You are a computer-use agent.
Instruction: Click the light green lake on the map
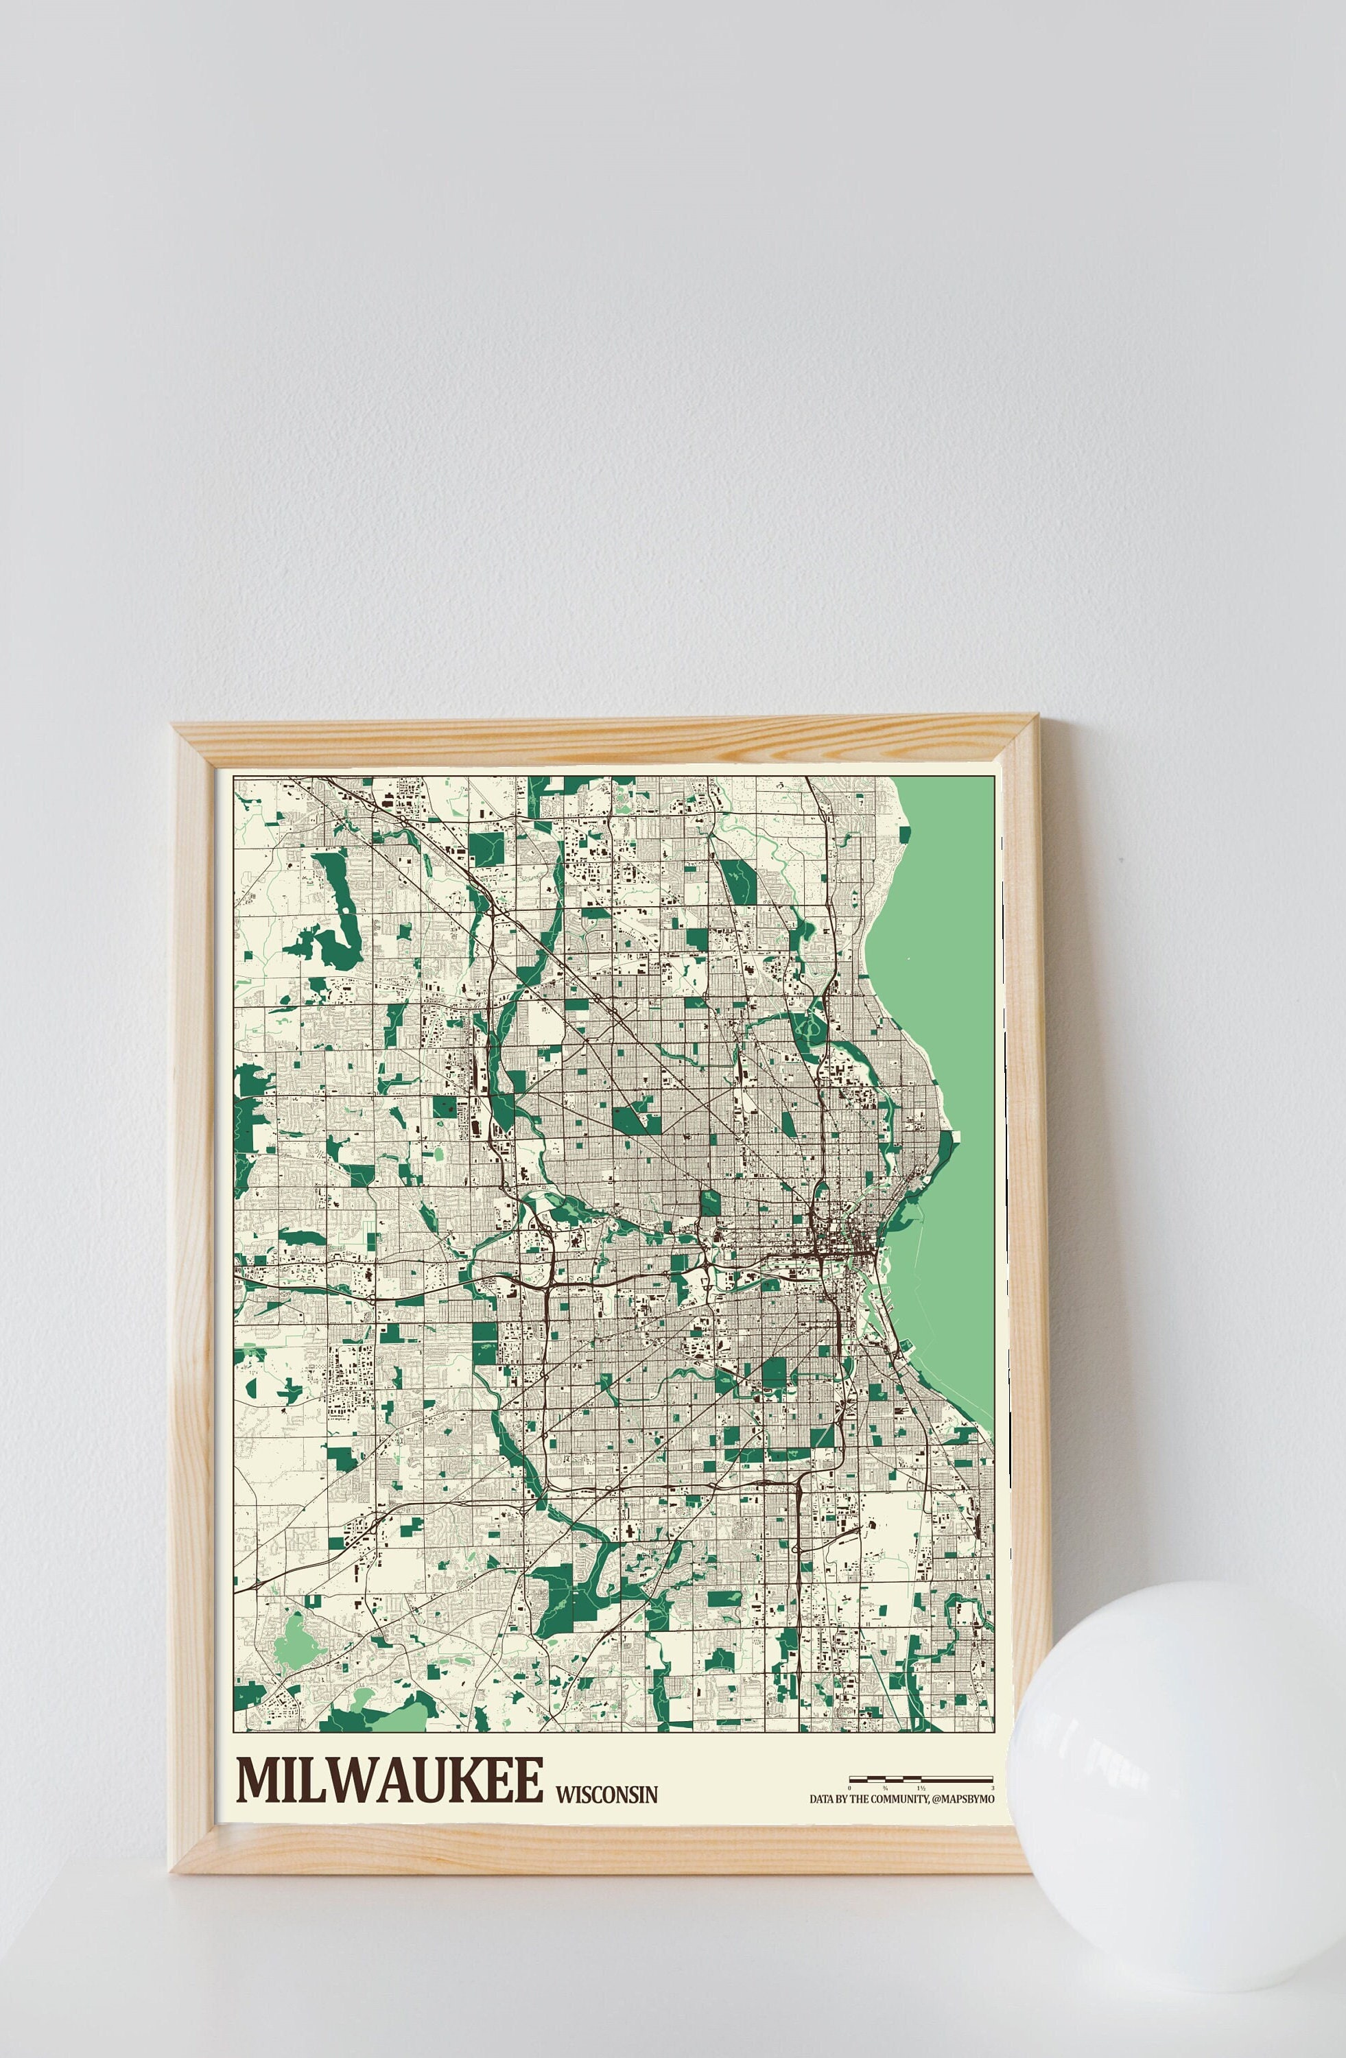pos(943,995)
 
